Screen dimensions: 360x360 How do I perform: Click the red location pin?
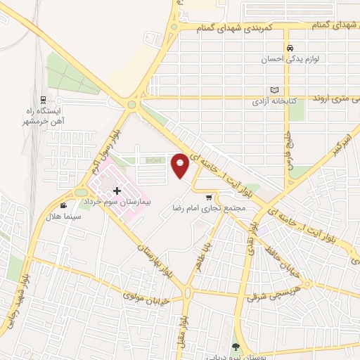coord(180,165)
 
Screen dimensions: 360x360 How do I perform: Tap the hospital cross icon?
coord(117,191)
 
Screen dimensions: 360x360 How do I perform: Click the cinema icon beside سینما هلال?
coord(64,206)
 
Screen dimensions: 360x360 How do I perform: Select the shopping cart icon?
coord(210,198)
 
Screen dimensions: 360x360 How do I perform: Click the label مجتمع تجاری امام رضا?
coord(208,209)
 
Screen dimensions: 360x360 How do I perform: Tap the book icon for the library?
coord(274,90)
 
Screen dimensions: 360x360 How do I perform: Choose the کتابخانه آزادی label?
coord(275,101)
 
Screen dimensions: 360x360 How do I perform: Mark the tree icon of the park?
coord(236,347)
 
